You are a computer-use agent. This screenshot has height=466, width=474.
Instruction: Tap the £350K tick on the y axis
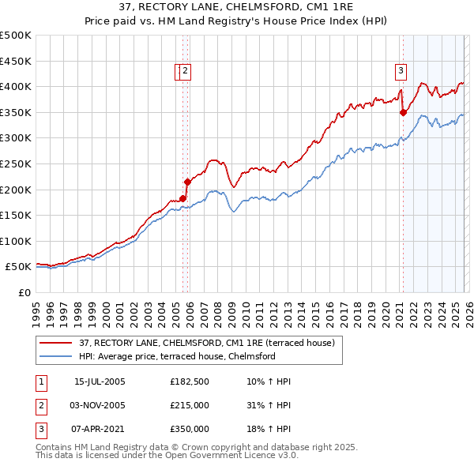click(16, 112)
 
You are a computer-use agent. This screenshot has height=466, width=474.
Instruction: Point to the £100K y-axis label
click(16, 241)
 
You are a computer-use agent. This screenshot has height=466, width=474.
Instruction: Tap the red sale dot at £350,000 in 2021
click(403, 112)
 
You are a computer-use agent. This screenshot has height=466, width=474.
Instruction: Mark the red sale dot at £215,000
click(187, 182)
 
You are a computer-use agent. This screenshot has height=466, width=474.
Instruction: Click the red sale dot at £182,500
click(182, 198)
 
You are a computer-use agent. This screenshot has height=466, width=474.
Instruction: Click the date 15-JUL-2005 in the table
click(100, 381)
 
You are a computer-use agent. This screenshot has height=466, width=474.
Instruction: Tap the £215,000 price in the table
click(190, 405)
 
